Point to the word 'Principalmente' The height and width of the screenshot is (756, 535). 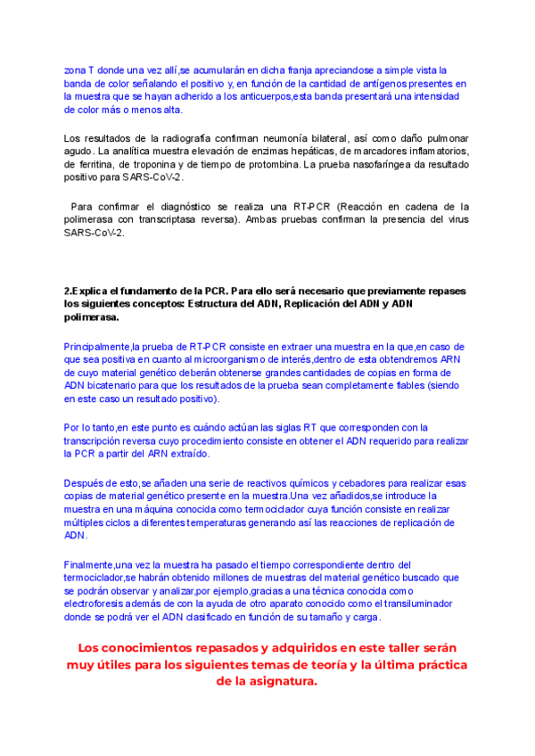[x=97, y=346]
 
